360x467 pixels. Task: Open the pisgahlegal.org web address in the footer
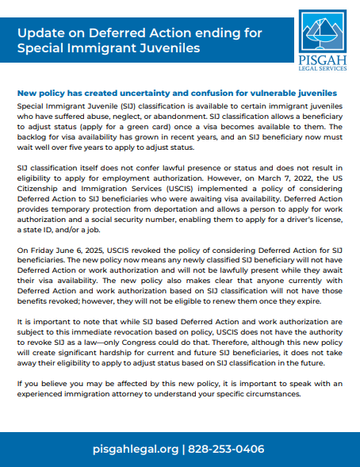(x=135, y=449)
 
